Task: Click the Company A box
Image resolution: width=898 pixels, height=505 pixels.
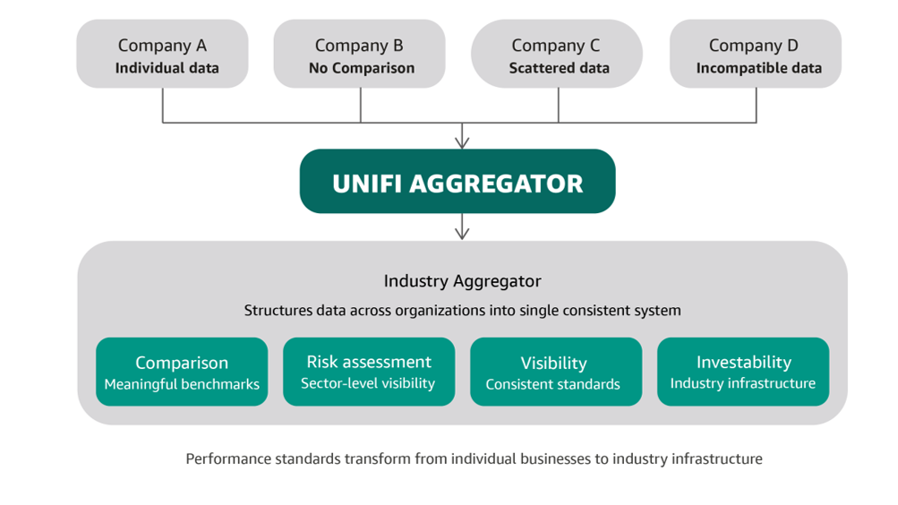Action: point(163,54)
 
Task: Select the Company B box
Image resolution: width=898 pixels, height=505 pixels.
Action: point(360,54)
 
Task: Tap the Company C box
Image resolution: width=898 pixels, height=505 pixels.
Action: point(557,54)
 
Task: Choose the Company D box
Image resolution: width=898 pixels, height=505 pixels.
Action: point(756,54)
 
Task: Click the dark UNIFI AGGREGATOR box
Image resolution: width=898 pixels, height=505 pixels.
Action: point(458,182)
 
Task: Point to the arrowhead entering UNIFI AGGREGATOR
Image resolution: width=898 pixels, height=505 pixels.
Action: point(462,143)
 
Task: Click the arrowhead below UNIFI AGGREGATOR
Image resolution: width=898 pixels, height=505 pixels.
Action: point(462,233)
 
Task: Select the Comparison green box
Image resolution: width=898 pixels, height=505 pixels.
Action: point(182,372)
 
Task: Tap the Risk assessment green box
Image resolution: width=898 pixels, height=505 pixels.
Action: point(369,372)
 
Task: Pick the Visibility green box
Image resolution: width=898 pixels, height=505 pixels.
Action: point(556,372)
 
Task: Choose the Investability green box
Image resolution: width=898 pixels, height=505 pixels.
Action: point(743,372)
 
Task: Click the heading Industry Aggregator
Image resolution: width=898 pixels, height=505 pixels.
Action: point(462,281)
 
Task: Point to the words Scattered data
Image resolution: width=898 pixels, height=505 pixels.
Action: point(559,68)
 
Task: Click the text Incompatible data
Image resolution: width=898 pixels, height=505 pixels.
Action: point(759,69)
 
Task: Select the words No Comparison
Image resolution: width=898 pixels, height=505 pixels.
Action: point(362,69)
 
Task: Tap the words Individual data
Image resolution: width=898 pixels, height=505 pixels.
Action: point(167,68)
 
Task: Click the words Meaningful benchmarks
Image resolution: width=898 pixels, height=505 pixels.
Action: point(182,384)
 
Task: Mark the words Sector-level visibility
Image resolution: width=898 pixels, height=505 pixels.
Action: point(368,383)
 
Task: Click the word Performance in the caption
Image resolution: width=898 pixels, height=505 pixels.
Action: point(228,458)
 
